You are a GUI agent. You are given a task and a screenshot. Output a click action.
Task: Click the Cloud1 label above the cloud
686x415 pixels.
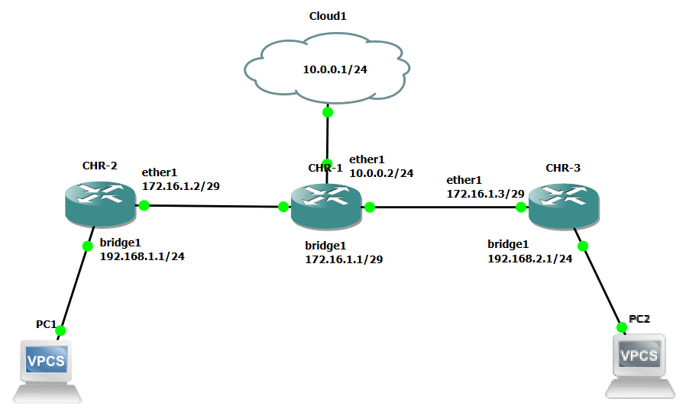click(x=328, y=16)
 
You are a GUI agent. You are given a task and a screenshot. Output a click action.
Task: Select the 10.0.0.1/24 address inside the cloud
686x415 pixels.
click(x=335, y=69)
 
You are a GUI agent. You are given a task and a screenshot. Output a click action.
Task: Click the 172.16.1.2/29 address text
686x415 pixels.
click(x=181, y=186)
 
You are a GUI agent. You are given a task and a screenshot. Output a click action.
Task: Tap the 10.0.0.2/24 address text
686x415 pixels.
click(x=381, y=173)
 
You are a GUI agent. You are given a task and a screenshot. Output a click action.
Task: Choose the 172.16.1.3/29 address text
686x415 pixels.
click(x=485, y=194)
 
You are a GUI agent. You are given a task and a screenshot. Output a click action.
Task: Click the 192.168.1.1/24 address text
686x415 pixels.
click(x=142, y=256)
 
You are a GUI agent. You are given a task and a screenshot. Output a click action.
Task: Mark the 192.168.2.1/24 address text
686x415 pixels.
click(x=530, y=259)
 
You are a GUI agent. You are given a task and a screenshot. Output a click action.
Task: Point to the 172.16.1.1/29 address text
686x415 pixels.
click(x=344, y=259)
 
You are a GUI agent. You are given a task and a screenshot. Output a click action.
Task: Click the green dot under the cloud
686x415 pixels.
click(x=328, y=112)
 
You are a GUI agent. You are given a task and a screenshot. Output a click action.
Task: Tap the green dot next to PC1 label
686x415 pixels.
click(x=61, y=330)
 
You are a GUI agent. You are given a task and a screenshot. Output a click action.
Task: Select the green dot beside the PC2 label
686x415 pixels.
click(x=621, y=327)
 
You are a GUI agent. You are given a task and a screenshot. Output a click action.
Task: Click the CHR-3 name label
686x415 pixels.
click(x=563, y=167)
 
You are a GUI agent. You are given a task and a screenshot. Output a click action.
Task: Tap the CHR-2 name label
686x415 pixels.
click(x=99, y=166)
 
